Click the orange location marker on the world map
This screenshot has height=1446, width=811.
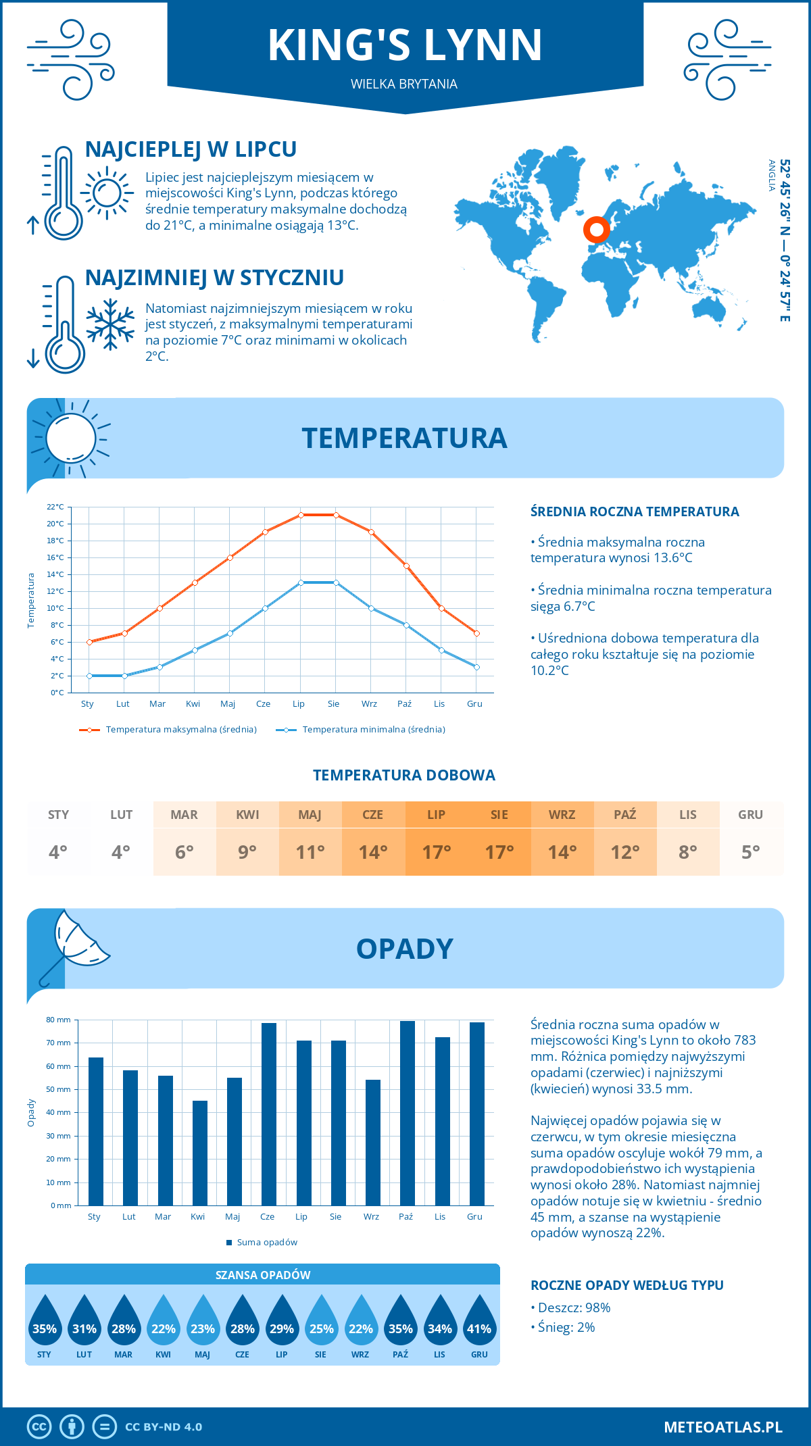(596, 230)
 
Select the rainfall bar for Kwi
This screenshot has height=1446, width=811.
(200, 1153)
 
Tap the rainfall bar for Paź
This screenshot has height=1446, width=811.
(408, 1113)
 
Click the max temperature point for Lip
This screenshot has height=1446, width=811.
(301, 515)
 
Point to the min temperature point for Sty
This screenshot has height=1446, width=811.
(89, 676)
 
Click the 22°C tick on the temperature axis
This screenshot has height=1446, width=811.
(55, 507)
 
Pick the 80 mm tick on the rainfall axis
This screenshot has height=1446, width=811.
(59, 1020)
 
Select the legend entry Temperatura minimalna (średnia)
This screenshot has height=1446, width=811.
(361, 730)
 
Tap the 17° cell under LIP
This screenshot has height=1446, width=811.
(436, 852)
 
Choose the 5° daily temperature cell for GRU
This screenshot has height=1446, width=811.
(750, 852)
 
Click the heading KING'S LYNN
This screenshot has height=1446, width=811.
(405, 45)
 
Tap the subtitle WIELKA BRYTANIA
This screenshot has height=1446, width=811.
(404, 84)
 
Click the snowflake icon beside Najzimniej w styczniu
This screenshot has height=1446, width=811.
(110, 324)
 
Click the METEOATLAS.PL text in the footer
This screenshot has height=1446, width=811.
(722, 1426)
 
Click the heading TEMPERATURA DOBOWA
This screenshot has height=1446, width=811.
(404, 775)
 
